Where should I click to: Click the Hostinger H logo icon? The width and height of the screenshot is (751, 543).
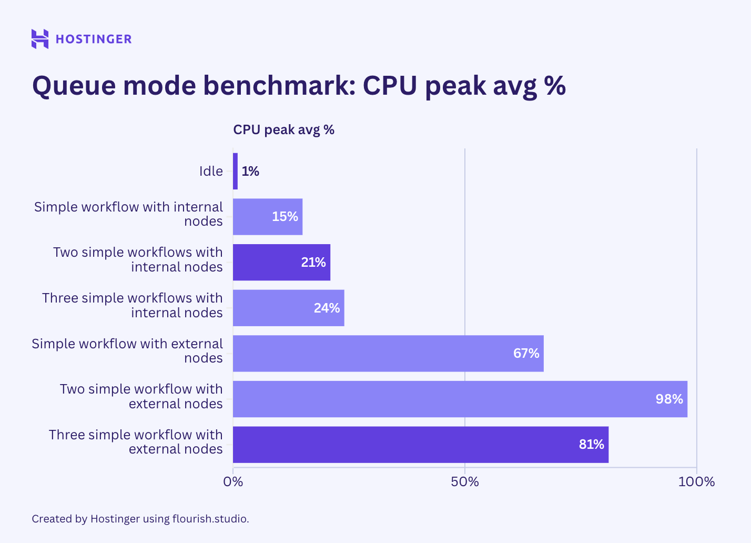[40, 39]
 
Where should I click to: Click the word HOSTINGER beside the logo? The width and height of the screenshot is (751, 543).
[94, 39]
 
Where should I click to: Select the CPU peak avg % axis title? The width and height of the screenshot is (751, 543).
[283, 130]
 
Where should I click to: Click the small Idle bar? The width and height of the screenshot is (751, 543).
[235, 171]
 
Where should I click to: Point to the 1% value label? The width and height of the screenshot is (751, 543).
[250, 171]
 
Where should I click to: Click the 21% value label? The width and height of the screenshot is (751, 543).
[313, 262]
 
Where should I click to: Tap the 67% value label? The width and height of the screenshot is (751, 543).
[526, 353]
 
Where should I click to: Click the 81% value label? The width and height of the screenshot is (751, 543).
[591, 445]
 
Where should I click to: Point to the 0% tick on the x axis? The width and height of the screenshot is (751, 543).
[233, 481]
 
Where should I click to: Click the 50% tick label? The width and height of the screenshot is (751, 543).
[465, 481]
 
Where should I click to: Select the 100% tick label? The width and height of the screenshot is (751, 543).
[696, 481]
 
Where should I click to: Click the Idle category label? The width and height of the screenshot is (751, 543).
[211, 171]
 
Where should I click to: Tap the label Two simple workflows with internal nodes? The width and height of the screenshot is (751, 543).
[138, 259]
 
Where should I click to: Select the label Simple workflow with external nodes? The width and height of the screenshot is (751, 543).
[127, 350]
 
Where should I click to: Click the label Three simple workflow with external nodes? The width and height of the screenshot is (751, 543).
[136, 441]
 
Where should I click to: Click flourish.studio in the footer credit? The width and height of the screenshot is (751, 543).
[210, 519]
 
